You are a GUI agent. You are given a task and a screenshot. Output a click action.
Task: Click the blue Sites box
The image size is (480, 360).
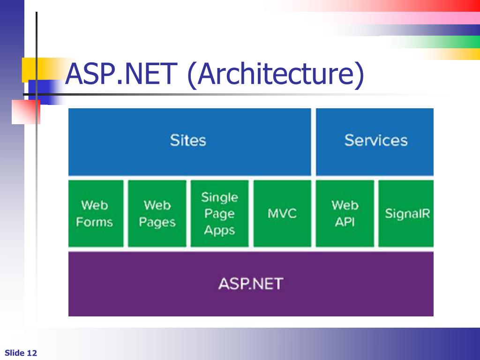tap(189, 142)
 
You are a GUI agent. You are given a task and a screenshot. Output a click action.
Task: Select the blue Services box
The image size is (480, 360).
tap(375, 142)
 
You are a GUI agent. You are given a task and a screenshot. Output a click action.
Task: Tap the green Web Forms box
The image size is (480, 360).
tap(96, 213)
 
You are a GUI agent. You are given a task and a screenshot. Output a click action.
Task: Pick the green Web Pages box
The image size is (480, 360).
tap(157, 213)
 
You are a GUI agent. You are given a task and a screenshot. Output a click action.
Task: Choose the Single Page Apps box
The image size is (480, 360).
tap(219, 213)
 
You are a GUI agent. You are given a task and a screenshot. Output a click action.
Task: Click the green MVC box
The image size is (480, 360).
tap(282, 213)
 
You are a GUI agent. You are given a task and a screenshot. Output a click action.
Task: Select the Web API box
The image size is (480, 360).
tap(345, 213)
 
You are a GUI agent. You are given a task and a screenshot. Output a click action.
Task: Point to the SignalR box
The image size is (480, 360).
tap(406, 213)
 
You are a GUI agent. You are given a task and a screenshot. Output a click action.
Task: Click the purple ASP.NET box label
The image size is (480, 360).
tap(251, 284)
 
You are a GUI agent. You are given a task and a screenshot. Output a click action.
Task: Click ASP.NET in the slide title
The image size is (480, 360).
tap(121, 74)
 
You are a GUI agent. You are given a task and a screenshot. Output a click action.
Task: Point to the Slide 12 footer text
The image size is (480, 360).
tap(21, 353)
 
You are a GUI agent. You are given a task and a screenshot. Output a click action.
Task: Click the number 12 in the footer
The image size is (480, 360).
tap(32, 353)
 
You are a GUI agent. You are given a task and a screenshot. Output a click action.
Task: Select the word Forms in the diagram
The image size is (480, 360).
tap(94, 222)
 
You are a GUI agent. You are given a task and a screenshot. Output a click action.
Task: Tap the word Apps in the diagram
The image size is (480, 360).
tap(219, 230)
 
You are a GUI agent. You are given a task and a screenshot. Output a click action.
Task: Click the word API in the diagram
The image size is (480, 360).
tap(345, 222)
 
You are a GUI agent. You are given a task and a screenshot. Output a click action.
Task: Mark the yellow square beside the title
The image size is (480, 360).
tap(30, 70)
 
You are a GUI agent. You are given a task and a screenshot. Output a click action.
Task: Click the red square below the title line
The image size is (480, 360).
tap(26, 112)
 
